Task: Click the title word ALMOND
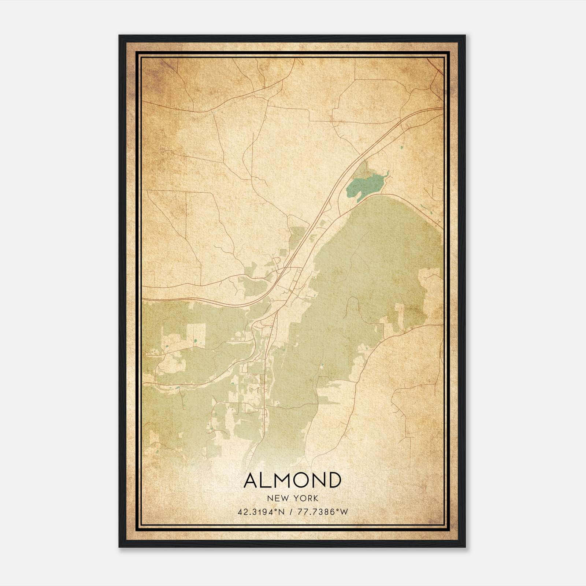pyautogui.click(x=292, y=480)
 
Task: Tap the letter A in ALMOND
pyautogui.click(x=252, y=480)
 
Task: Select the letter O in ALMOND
pyautogui.click(x=302, y=480)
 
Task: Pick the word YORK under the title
pyautogui.click(x=306, y=498)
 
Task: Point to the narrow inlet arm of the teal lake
pyautogui.click(x=385, y=174)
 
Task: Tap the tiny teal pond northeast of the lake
pyautogui.click(x=401, y=148)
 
